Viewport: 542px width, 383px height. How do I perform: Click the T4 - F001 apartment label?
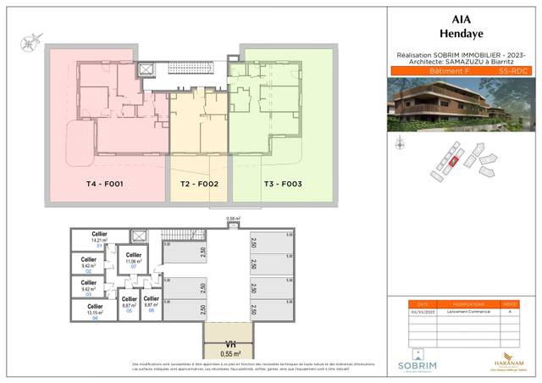pyautogui.click(x=105, y=184)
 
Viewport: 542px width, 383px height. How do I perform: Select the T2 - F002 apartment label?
pyautogui.click(x=200, y=184)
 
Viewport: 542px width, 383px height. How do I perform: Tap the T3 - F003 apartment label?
pyautogui.click(x=282, y=184)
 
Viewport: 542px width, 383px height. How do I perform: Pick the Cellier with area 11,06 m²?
pyautogui.click(x=133, y=260)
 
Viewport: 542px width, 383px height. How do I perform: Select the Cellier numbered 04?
pyautogui.click(x=95, y=311)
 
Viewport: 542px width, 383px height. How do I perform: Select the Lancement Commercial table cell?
pyautogui.click(x=462, y=313)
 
